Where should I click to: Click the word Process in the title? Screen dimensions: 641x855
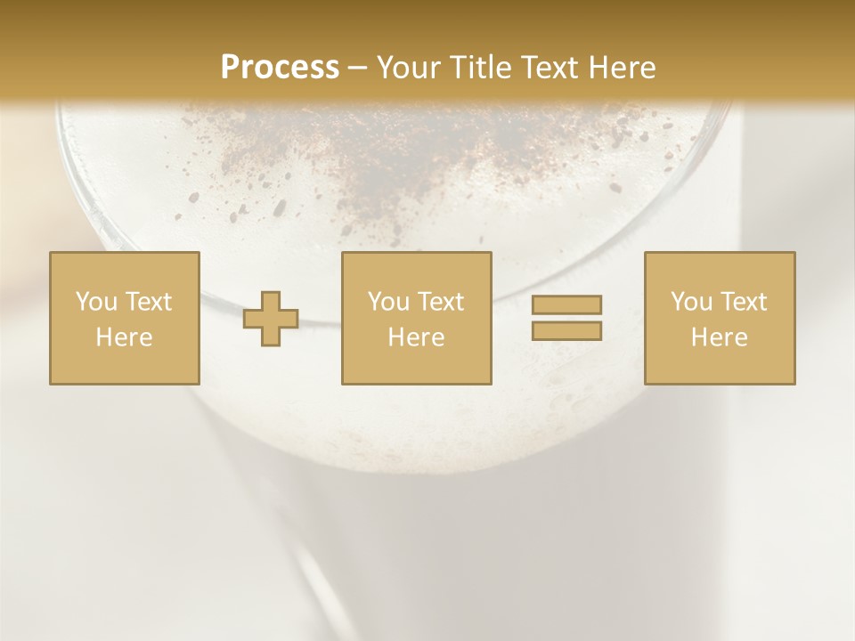pyautogui.click(x=280, y=68)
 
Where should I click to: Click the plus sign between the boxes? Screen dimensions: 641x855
pyautogui.click(x=272, y=319)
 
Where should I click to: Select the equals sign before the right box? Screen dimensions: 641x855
pyautogui.click(x=566, y=318)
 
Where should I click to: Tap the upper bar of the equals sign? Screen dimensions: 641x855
pyautogui.click(x=566, y=305)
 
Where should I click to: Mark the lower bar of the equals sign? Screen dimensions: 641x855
pyautogui.click(x=566, y=330)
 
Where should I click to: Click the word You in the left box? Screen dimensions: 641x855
pyautogui.click(x=95, y=302)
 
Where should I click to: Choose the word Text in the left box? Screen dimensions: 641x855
pyautogui.click(x=147, y=302)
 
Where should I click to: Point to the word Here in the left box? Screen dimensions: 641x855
pyautogui.click(x=124, y=337)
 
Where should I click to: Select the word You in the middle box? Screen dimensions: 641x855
pyautogui.click(x=387, y=302)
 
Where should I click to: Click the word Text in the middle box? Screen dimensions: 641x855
pyautogui.click(x=439, y=302)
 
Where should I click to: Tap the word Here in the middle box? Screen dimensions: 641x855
pyautogui.click(x=416, y=337)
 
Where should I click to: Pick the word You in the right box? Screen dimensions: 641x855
pyautogui.click(x=690, y=302)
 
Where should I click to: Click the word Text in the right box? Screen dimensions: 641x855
pyautogui.click(x=742, y=302)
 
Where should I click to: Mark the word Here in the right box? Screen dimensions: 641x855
pyautogui.click(x=719, y=337)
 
